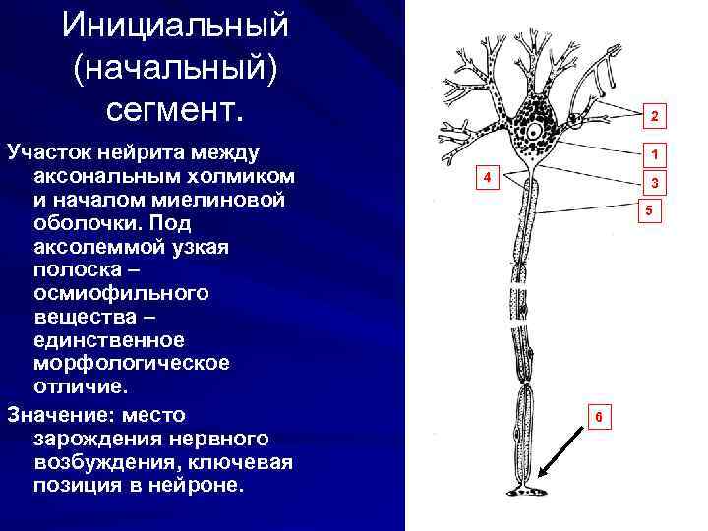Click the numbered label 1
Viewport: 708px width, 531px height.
point(650,154)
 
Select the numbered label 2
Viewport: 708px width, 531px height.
point(650,118)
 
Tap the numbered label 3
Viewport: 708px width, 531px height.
point(650,183)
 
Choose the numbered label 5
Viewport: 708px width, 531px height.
point(648,210)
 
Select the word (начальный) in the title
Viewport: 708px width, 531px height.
point(173,68)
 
